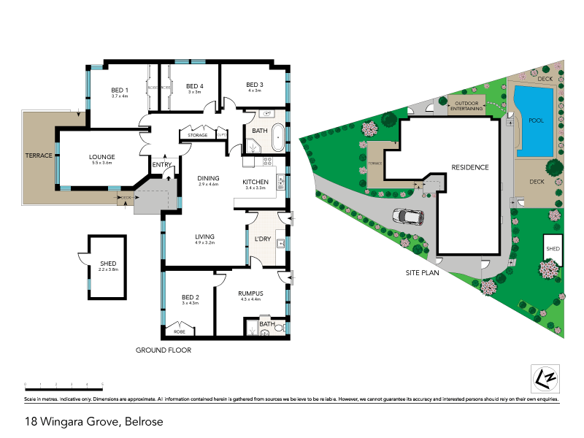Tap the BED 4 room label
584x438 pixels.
pos(194,85)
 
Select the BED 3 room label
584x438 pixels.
pos(254,84)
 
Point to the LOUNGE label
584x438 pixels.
pos(102,156)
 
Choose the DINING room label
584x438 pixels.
pos(208,177)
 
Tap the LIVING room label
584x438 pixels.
pos(204,236)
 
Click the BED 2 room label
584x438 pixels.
pos(190,297)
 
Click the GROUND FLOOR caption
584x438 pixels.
pos(164,350)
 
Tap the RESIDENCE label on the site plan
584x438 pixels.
pos(469,167)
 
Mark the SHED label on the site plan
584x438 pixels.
pos(553,249)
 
